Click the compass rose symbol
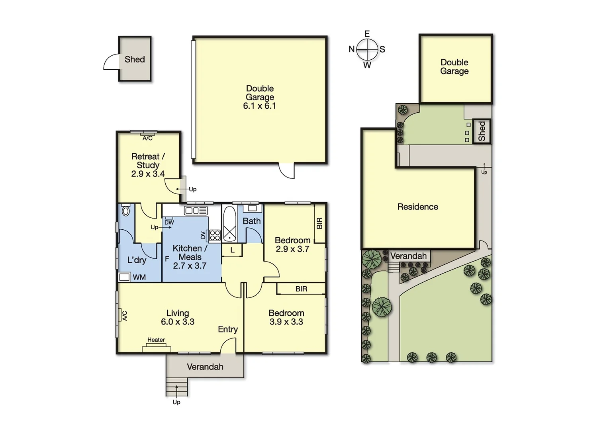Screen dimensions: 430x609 [367, 50]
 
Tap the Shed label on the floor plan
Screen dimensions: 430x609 [135, 59]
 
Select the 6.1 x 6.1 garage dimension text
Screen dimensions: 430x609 [260, 106]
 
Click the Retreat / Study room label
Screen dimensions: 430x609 [148, 161]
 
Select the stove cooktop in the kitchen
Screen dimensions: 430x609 [215, 235]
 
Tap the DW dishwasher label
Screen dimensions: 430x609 [169, 222]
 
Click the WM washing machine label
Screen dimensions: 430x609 [139, 277]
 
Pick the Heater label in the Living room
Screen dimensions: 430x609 [156, 340]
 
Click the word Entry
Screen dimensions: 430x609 [228, 329]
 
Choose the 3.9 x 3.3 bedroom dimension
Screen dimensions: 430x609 [286, 322]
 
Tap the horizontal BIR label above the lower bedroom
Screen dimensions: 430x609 [302, 289]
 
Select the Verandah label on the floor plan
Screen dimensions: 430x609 [205, 367]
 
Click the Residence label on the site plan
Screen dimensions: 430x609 [418, 207]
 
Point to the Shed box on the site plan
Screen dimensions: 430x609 [482, 131]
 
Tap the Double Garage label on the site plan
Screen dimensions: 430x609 [454, 67]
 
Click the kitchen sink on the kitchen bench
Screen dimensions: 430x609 [194, 210]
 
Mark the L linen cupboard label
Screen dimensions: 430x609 [233, 250]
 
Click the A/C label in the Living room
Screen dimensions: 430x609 [124, 316]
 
